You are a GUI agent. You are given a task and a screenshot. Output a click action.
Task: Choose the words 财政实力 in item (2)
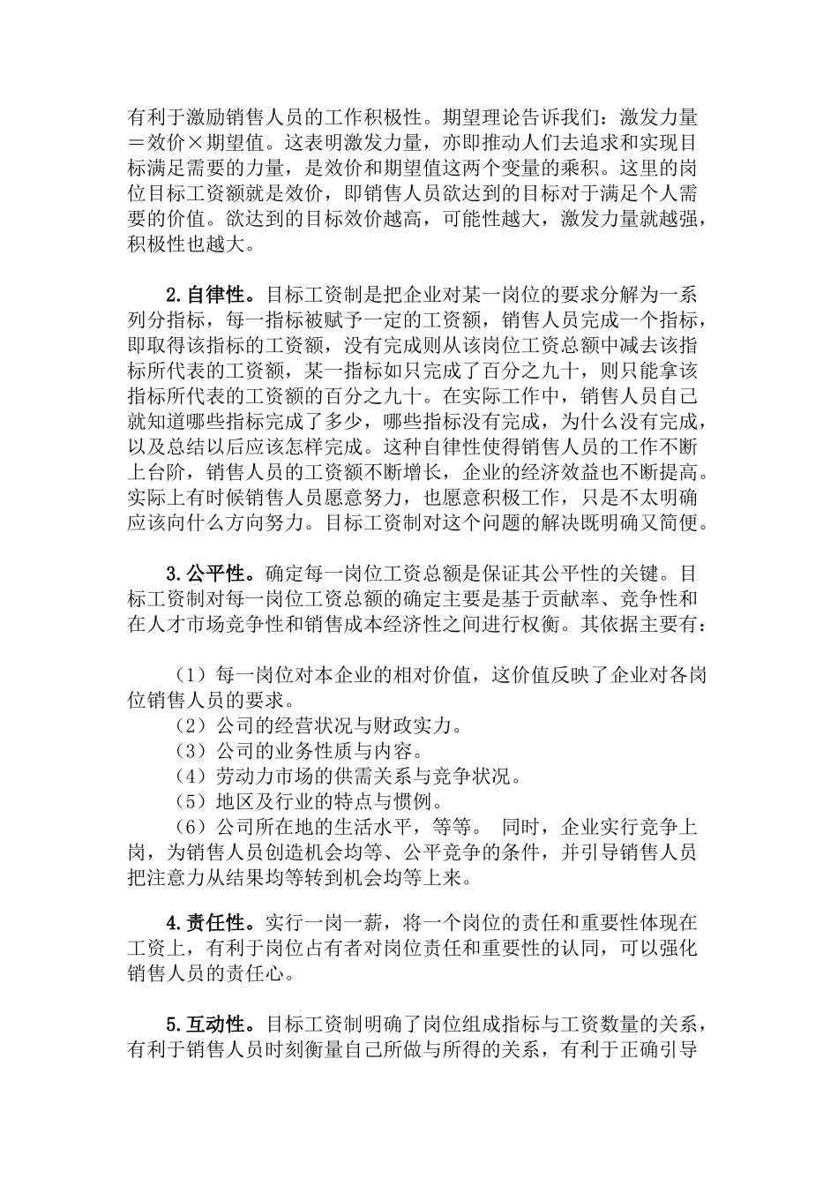[x=422, y=726]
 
